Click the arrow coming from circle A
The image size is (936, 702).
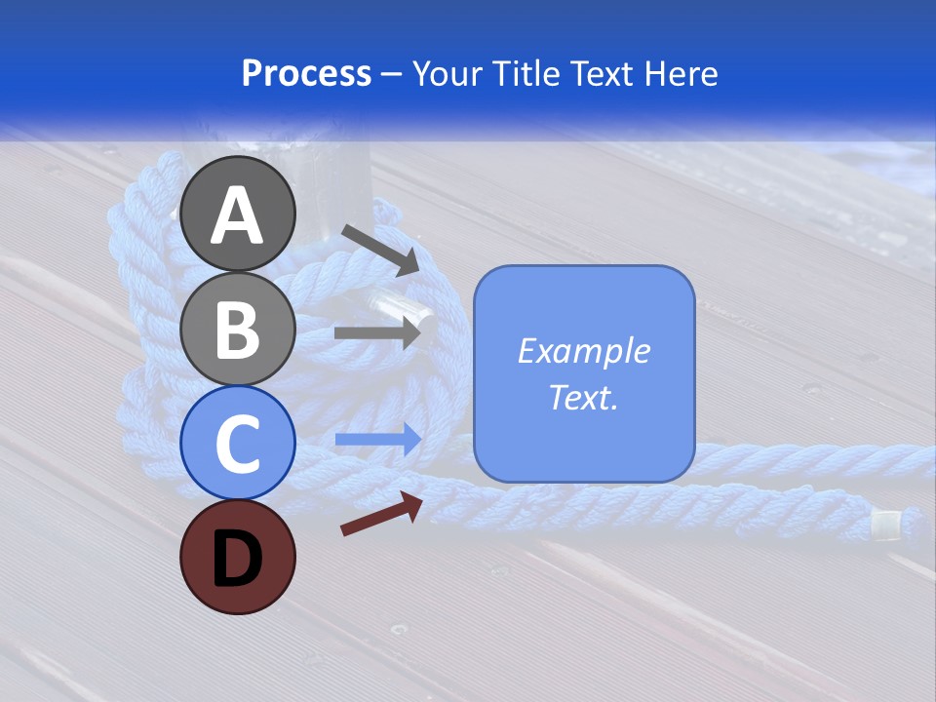[379, 249]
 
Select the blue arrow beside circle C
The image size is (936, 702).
[377, 440]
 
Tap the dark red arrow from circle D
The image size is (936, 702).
[380, 513]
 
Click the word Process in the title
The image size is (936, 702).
[306, 73]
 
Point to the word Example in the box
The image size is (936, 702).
[583, 351]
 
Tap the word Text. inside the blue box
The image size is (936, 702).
[583, 398]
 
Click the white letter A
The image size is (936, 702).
[238, 215]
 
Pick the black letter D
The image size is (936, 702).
[238, 558]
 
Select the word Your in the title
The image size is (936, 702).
[448, 73]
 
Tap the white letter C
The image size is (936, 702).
[238, 444]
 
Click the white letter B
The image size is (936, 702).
[238, 330]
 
